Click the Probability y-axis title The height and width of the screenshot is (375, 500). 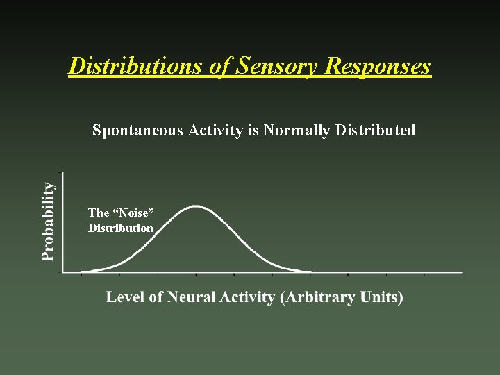click(x=48, y=222)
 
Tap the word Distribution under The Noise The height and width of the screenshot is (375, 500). click(x=121, y=228)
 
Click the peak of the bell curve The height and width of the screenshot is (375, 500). click(x=197, y=206)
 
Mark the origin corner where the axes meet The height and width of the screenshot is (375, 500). click(x=63, y=272)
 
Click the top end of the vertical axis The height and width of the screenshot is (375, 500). click(x=63, y=173)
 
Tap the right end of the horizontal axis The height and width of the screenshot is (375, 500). click(x=462, y=272)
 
